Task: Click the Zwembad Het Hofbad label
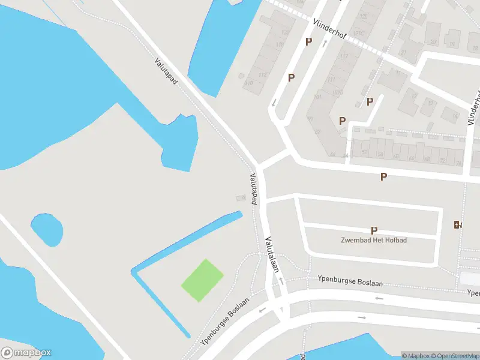point(374,240)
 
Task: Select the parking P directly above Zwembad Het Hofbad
point(374,230)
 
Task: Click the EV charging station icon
point(458,224)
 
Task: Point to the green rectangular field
point(202,280)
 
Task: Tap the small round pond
point(47,229)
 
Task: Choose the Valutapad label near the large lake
point(166,70)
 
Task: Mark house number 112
point(262,74)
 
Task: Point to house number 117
point(344,56)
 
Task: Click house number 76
point(459,162)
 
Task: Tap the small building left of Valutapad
point(241,197)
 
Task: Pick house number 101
point(318,97)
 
